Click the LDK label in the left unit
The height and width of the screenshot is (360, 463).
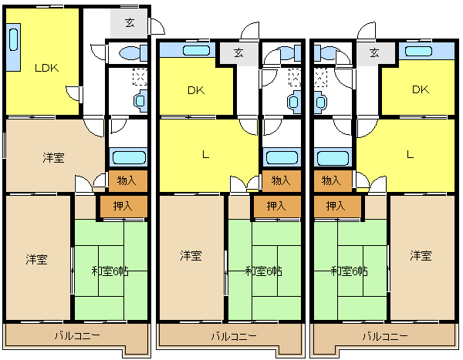(46, 68)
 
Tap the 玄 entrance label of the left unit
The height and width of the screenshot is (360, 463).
(130, 22)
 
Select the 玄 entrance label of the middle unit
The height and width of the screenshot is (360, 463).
(238, 53)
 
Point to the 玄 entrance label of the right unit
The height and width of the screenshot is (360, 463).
(374, 53)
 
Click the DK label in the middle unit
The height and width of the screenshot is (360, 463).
(196, 90)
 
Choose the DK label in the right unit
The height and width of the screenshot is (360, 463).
(421, 89)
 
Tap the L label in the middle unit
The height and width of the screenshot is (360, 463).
(205, 154)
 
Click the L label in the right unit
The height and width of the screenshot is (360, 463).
(410, 154)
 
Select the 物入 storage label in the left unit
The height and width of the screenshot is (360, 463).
(127, 180)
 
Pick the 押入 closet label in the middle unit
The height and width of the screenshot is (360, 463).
(276, 206)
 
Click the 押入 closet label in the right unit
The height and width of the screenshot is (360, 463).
(336, 206)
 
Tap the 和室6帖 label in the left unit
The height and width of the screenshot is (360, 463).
(110, 271)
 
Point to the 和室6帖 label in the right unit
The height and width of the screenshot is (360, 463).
(349, 271)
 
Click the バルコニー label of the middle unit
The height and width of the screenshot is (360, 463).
(234, 336)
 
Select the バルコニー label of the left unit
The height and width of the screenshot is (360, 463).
(78, 335)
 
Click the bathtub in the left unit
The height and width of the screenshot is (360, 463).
(129, 157)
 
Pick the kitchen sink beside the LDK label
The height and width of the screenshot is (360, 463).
(14, 39)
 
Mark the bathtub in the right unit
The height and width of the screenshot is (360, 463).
(333, 158)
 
